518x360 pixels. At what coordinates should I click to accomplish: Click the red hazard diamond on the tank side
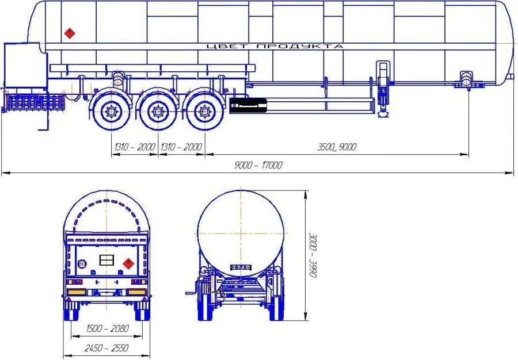coord(70,33)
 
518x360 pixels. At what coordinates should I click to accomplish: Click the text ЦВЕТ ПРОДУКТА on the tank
coord(275,46)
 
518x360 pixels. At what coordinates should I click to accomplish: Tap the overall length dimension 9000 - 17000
coord(258,165)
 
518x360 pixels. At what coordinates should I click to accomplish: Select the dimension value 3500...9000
coord(337,147)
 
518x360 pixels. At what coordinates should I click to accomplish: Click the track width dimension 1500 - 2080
coord(107,328)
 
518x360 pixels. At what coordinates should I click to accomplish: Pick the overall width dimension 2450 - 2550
coord(106,348)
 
